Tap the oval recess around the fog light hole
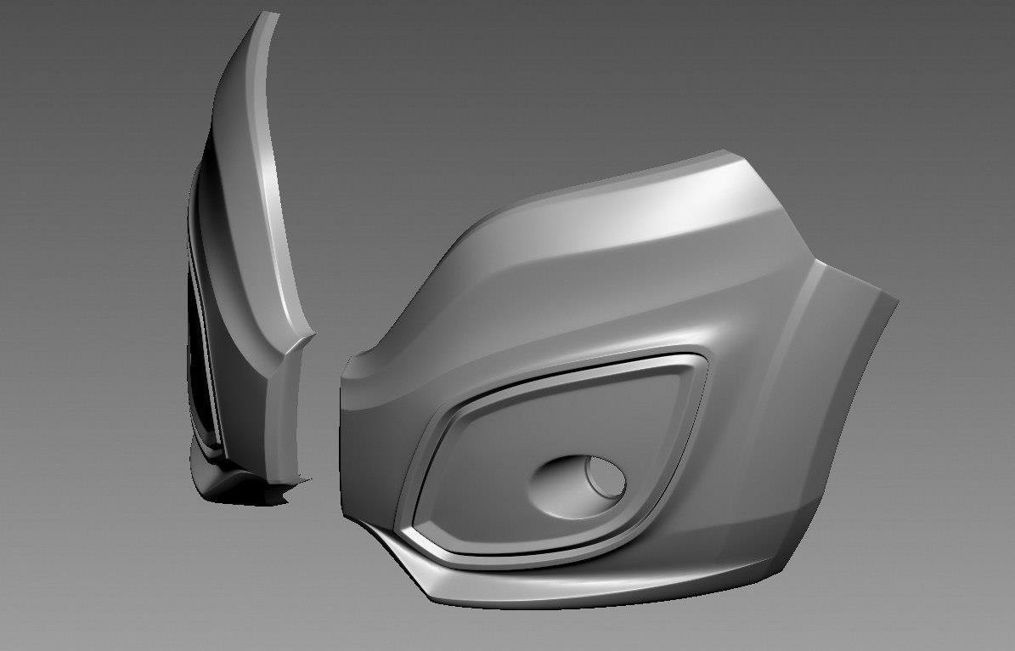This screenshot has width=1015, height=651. (x=567, y=487)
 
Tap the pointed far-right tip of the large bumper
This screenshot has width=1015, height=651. (x=896, y=300)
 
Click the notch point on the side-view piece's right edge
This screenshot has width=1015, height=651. (x=312, y=335)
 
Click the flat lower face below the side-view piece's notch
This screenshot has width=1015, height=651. (x=285, y=416)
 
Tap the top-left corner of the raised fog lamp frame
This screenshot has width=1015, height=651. (x=450, y=406)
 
